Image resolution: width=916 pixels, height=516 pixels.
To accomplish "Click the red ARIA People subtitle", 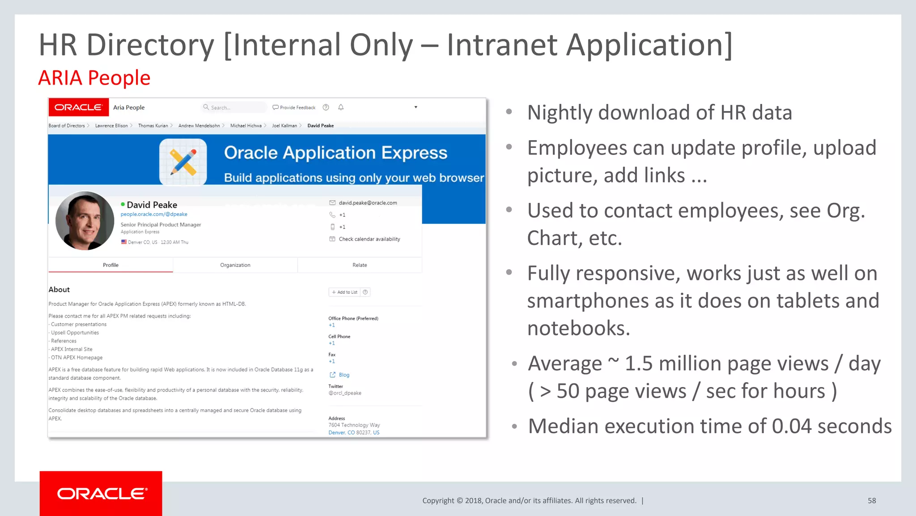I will click(x=94, y=78).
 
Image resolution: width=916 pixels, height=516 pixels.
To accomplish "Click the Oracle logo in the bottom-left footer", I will click(x=101, y=493).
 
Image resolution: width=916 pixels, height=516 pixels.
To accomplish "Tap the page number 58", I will click(x=872, y=500).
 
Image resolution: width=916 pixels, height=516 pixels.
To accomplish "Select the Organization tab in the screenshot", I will click(x=235, y=265).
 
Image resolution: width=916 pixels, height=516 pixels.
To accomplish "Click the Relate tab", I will click(x=360, y=265).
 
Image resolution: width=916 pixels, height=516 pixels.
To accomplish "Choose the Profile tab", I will click(x=110, y=265).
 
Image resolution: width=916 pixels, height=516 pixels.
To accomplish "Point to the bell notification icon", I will click(x=341, y=107).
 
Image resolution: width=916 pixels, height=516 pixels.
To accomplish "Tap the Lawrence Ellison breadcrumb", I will click(x=111, y=126).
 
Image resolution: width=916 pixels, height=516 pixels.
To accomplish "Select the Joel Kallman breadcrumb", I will click(x=284, y=126).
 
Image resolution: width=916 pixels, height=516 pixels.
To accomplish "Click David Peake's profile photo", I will click(x=85, y=221).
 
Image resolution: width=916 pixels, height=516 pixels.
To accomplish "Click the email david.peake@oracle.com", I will click(x=368, y=203).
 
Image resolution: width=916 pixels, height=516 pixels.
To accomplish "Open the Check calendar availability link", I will click(x=369, y=239).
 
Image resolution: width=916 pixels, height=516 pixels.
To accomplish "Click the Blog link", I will click(x=343, y=375).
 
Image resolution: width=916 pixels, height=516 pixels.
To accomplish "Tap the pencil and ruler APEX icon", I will click(x=183, y=162).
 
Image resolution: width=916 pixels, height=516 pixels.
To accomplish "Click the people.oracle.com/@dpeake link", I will click(x=154, y=215).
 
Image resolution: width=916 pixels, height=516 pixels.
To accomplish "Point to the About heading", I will click(x=59, y=290).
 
